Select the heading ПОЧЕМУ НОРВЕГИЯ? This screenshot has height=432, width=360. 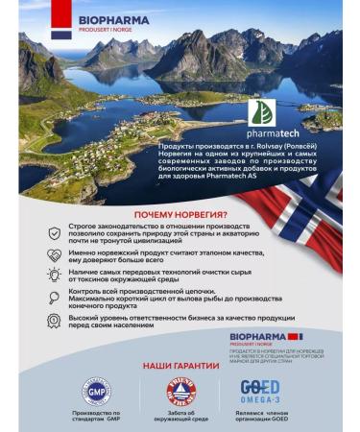tap(180, 213)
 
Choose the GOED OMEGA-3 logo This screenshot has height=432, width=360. tap(260, 392)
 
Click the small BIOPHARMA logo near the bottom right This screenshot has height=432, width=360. tap(264, 337)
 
